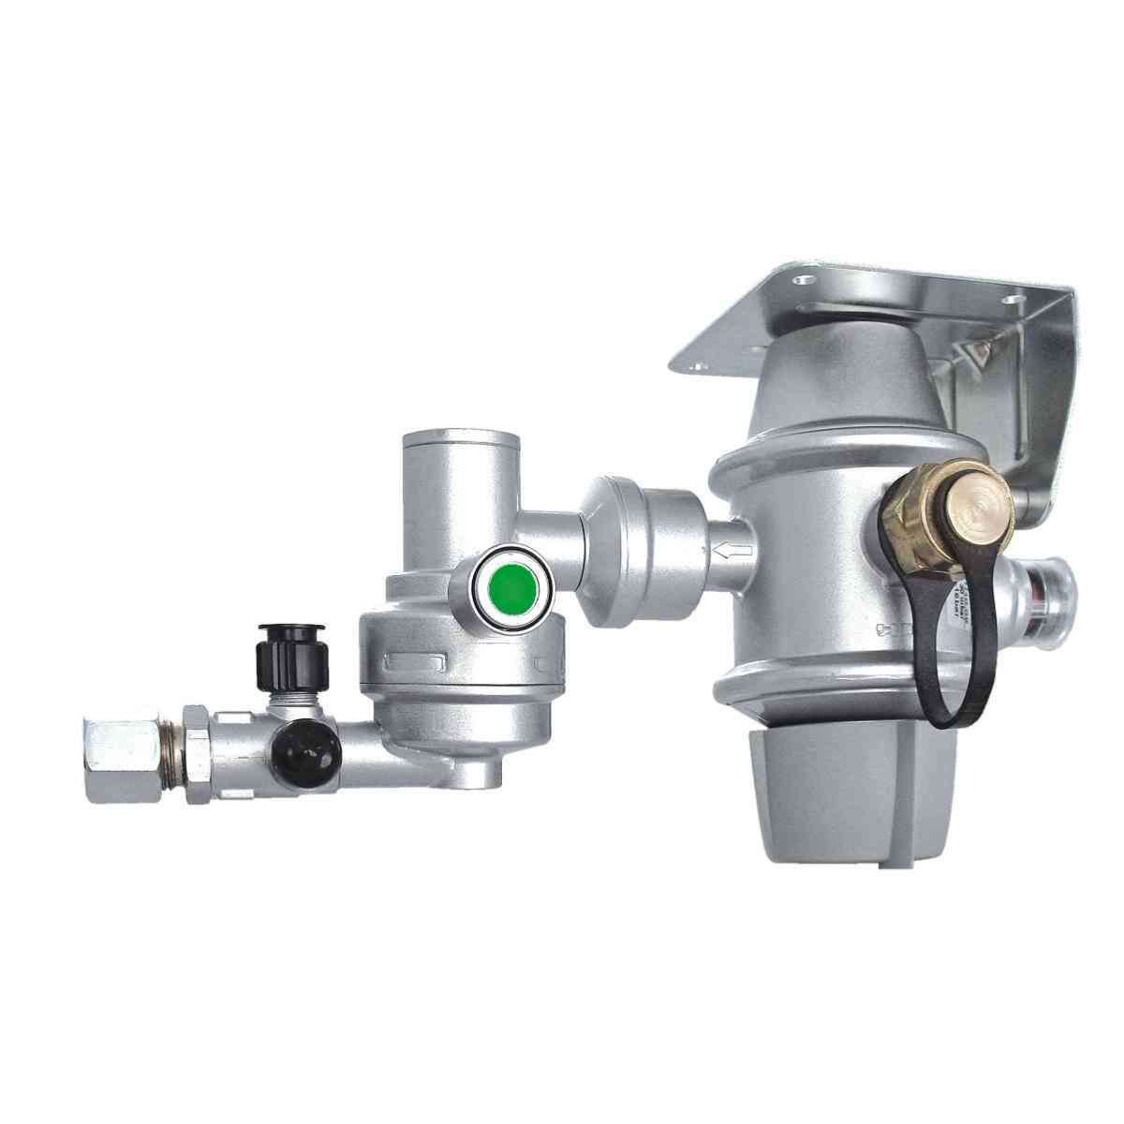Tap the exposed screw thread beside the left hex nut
(x=172, y=747)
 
